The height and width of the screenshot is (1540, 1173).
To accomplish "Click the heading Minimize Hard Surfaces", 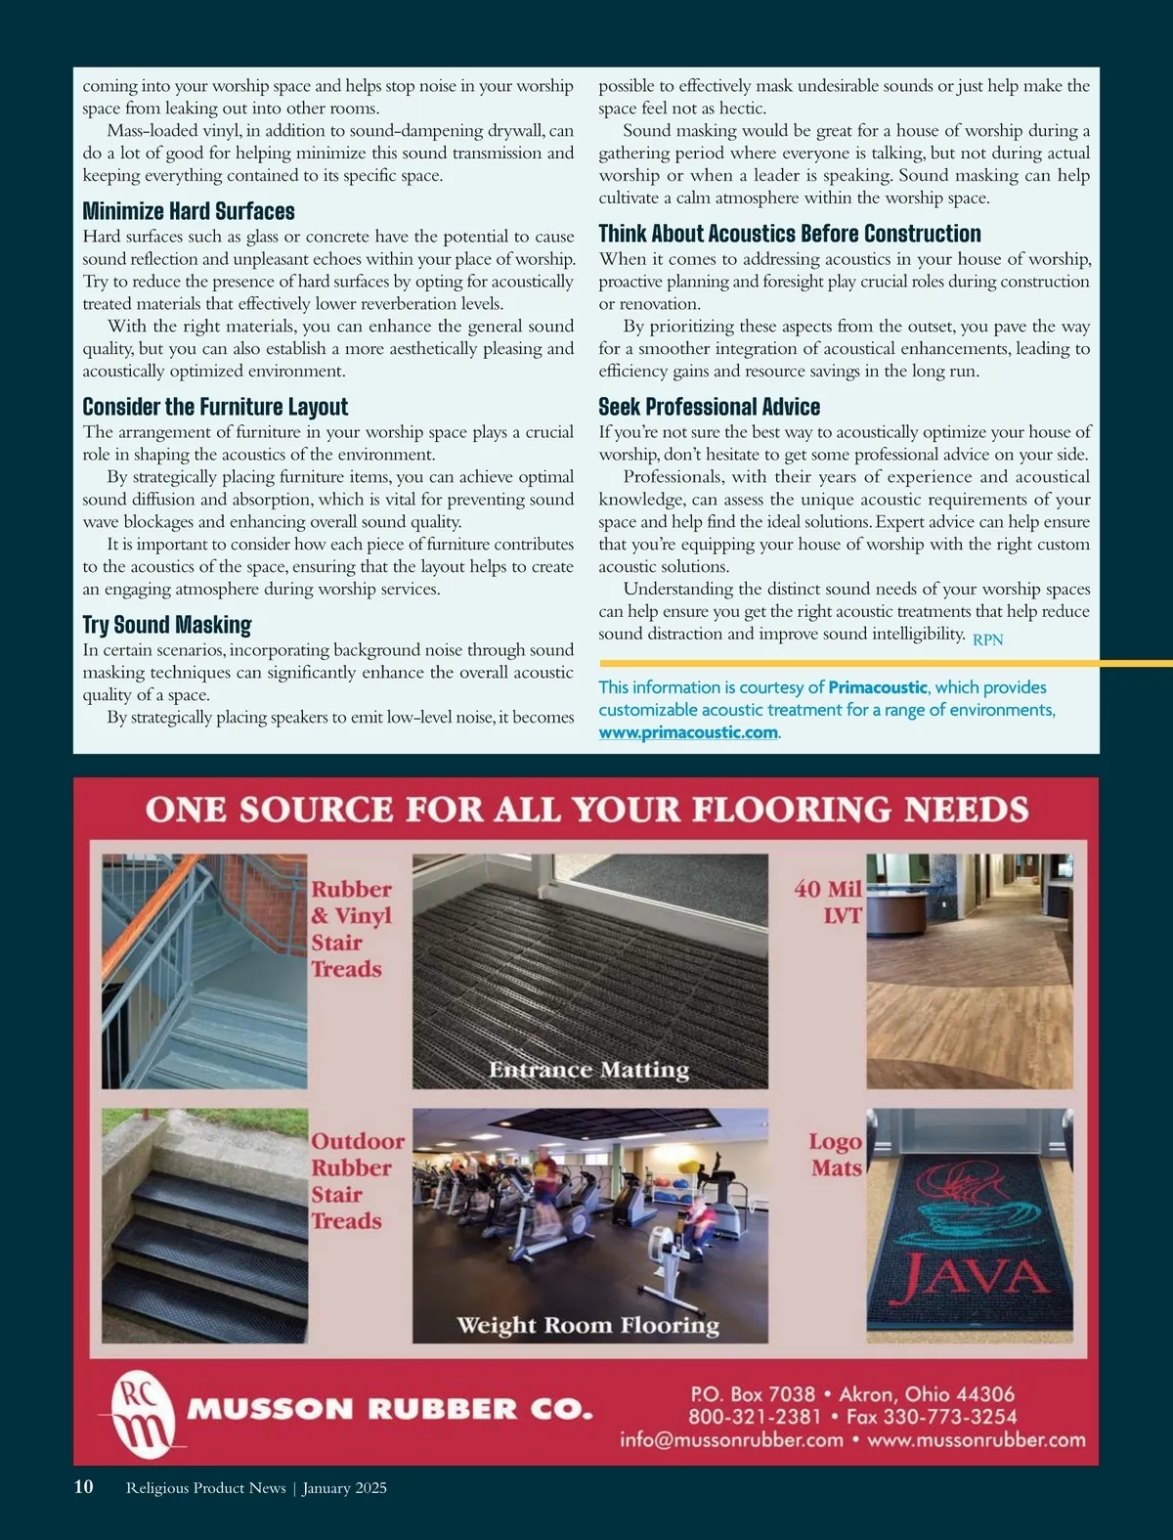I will [189, 211].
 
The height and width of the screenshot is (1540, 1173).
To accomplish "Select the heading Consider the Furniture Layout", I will [215, 407].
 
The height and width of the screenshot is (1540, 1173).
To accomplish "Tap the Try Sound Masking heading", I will [167, 625].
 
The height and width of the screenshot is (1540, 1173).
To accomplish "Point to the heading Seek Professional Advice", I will [709, 407].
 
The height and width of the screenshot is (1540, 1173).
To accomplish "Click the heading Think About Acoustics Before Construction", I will [790, 234].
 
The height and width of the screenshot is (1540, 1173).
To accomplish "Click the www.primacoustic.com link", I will [688, 732].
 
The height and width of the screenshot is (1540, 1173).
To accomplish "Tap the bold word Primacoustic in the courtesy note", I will [878, 687].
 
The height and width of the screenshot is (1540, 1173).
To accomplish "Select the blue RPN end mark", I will [987, 639].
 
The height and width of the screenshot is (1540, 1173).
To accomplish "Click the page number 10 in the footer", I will [84, 1487].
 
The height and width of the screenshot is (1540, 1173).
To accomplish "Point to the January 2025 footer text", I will [344, 1488].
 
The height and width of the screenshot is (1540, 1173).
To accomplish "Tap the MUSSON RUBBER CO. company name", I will [390, 1410].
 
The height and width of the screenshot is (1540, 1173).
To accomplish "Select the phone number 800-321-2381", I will [755, 1417].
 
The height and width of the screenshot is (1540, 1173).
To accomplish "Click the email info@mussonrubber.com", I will [731, 1440].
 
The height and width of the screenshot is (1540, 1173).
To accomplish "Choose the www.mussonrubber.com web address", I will [977, 1440].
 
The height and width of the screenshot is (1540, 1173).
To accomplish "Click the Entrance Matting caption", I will [588, 1070].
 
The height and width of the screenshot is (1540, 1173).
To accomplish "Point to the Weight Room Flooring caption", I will [588, 1325].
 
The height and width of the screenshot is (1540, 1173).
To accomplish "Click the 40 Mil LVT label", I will [829, 902].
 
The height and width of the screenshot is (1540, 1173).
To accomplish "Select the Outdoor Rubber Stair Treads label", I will [357, 1180].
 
